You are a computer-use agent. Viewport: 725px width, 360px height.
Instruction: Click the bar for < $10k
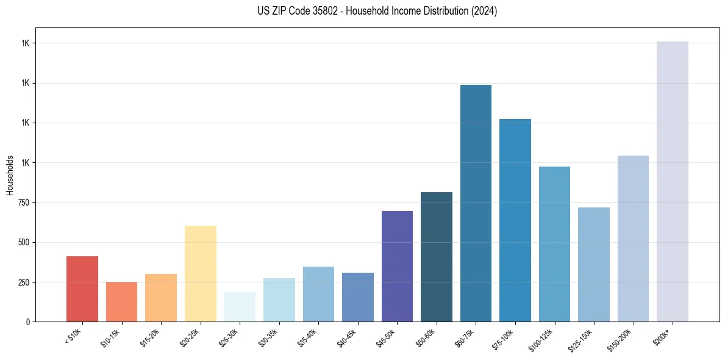[x=82, y=289]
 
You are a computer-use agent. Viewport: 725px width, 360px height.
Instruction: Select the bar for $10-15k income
[x=121, y=301]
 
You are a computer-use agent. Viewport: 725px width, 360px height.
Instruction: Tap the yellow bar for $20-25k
[x=201, y=273]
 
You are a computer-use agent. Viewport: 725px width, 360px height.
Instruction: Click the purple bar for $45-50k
[x=397, y=266]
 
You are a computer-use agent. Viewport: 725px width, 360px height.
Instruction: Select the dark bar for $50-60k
[x=437, y=257]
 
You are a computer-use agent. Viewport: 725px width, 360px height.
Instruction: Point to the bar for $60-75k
[x=476, y=203]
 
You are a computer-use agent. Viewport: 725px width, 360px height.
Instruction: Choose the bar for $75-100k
[x=515, y=220]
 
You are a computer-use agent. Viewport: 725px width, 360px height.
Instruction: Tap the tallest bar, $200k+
[x=673, y=181]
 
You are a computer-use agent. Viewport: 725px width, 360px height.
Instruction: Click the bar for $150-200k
[x=633, y=239]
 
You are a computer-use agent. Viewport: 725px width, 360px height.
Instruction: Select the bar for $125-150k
[x=594, y=264]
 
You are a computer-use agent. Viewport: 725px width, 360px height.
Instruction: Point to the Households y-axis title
[x=10, y=175]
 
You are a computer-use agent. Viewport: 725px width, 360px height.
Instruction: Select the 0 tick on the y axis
[x=27, y=322]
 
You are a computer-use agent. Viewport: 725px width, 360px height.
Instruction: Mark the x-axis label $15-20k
[x=153, y=337]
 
